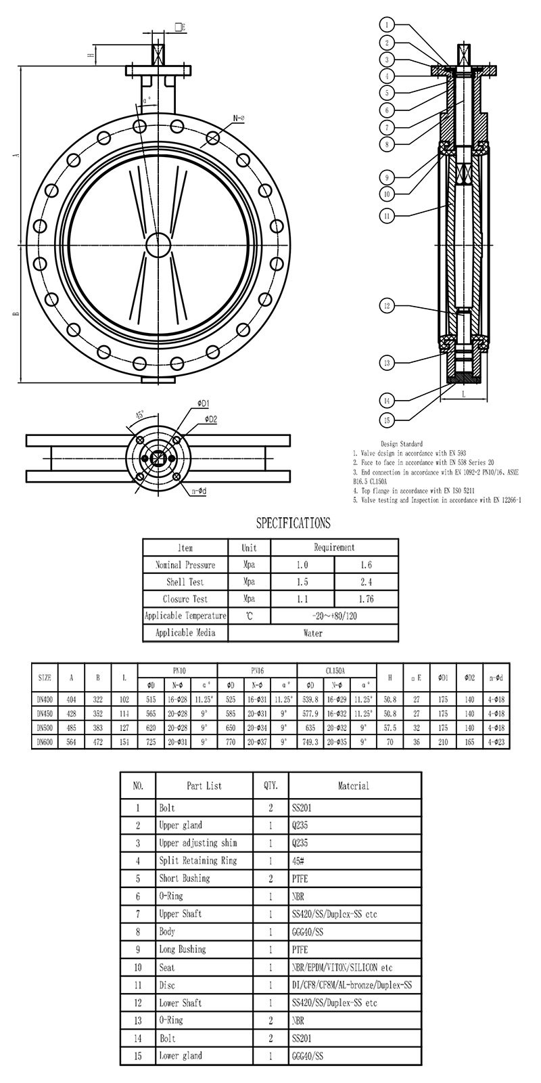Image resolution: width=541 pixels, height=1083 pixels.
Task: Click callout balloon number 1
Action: point(387,25)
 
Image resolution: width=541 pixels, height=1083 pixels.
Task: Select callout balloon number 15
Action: point(387,420)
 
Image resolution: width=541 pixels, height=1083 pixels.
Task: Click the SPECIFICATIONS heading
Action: point(293,523)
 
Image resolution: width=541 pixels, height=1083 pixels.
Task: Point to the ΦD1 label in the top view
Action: point(203,403)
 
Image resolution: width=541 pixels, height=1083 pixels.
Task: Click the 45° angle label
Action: point(141,414)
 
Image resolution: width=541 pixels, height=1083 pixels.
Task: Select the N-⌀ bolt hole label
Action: point(238,118)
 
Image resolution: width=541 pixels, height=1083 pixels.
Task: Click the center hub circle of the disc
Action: point(158,244)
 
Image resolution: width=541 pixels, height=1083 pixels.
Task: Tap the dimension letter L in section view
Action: point(464,393)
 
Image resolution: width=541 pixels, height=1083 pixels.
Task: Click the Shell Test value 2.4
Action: point(366,581)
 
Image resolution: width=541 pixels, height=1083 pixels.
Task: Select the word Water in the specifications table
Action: point(313,633)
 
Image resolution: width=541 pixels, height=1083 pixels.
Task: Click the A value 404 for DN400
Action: point(71,699)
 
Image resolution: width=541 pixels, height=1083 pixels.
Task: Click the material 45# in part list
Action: point(298,860)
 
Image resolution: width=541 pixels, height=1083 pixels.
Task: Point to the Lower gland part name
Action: point(181,1055)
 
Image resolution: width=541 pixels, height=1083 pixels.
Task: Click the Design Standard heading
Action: point(402,444)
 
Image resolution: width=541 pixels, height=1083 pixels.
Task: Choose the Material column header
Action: point(353,786)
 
